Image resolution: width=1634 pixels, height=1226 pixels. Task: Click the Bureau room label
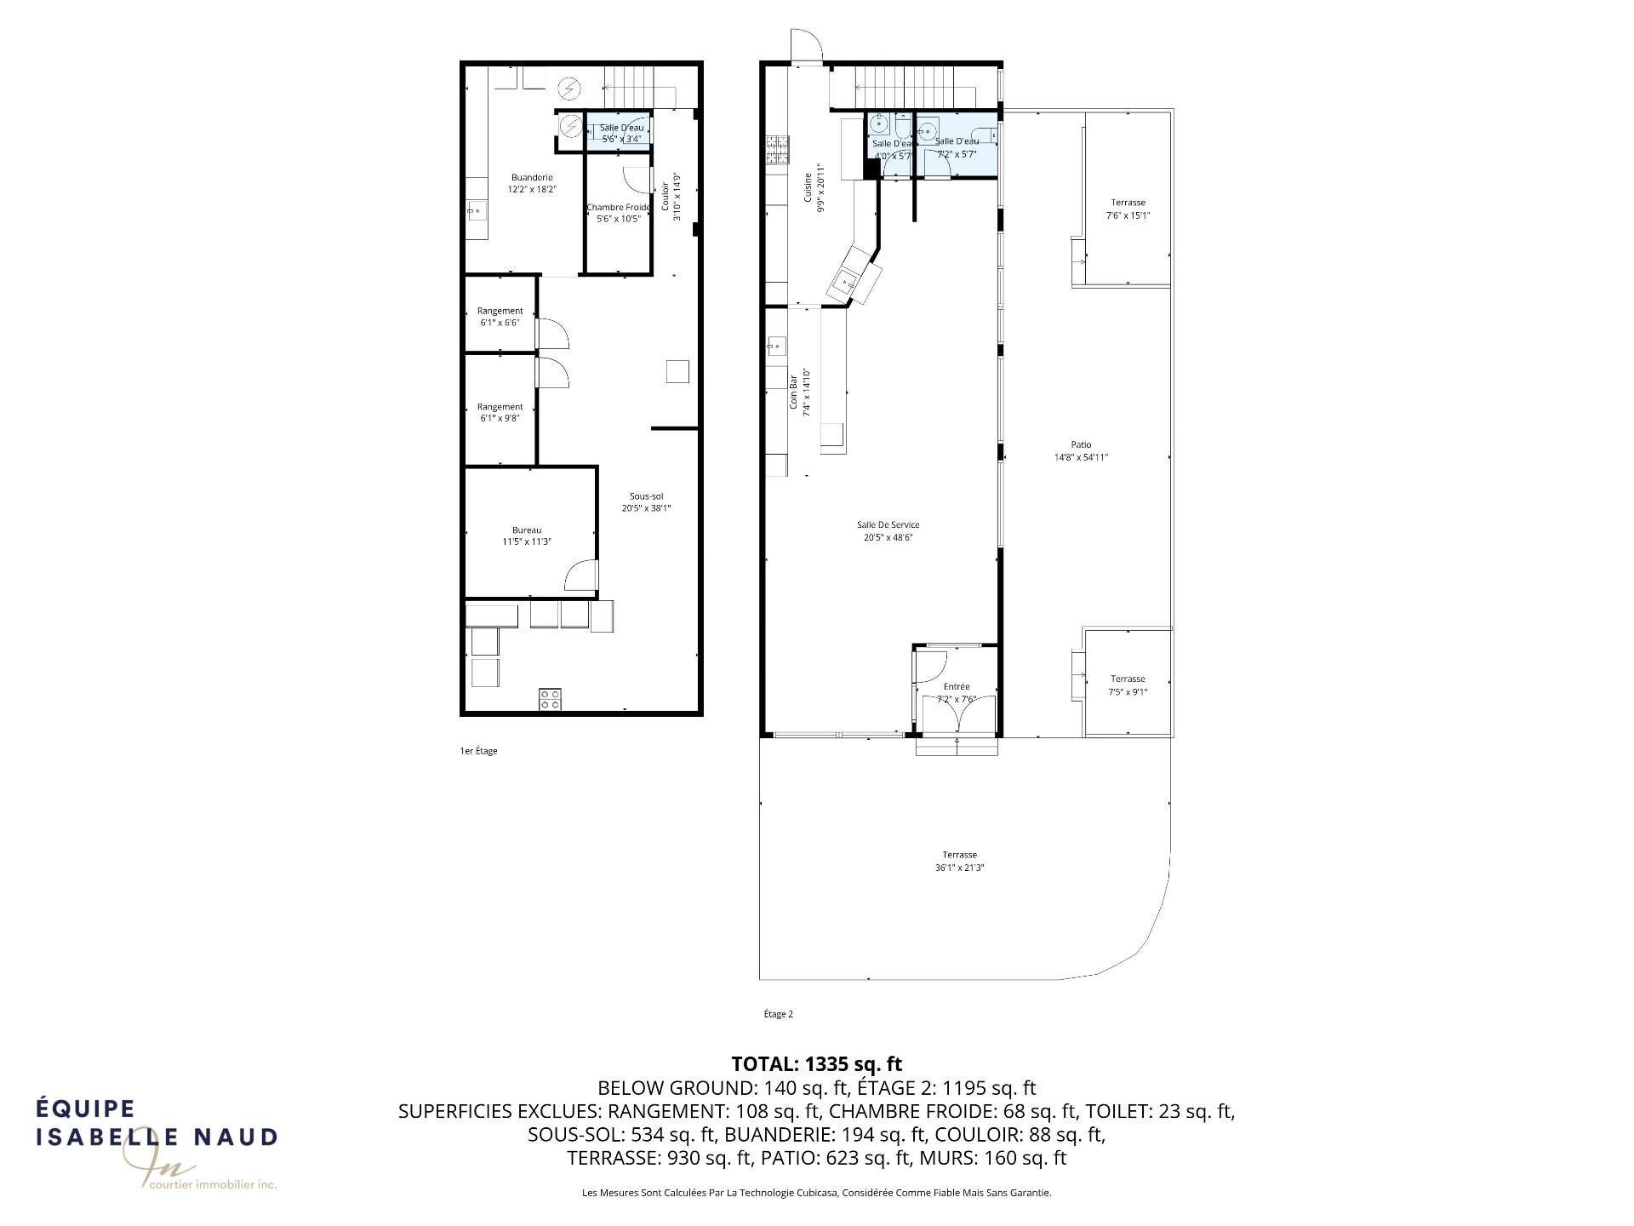(x=527, y=530)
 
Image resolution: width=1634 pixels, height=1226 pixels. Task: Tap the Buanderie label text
(x=532, y=177)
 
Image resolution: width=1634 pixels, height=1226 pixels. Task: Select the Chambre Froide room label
(x=618, y=207)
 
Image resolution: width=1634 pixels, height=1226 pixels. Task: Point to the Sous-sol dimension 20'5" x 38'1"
(x=647, y=508)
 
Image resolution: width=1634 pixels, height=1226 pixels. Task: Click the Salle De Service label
(x=888, y=524)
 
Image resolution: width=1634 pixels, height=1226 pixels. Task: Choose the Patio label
(x=1081, y=444)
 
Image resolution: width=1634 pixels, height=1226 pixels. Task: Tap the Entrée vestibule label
(x=957, y=686)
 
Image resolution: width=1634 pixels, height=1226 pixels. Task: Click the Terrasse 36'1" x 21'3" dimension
(x=959, y=868)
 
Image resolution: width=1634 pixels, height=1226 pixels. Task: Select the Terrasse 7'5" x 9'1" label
(x=1128, y=679)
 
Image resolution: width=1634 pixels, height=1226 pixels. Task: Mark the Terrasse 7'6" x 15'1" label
(x=1128, y=203)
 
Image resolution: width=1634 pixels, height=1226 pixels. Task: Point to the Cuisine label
(x=808, y=187)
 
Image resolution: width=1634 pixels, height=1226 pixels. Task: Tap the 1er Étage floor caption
(x=478, y=751)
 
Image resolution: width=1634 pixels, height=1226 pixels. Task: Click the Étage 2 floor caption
(x=778, y=1014)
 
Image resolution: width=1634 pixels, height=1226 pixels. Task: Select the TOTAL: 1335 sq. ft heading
(x=816, y=1063)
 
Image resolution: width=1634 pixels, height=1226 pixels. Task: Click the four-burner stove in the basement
(x=550, y=699)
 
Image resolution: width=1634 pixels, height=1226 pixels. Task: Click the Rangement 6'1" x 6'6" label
(x=500, y=311)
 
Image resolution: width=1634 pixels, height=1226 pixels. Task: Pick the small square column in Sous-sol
(x=677, y=371)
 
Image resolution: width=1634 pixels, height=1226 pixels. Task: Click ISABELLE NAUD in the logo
(x=157, y=1137)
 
